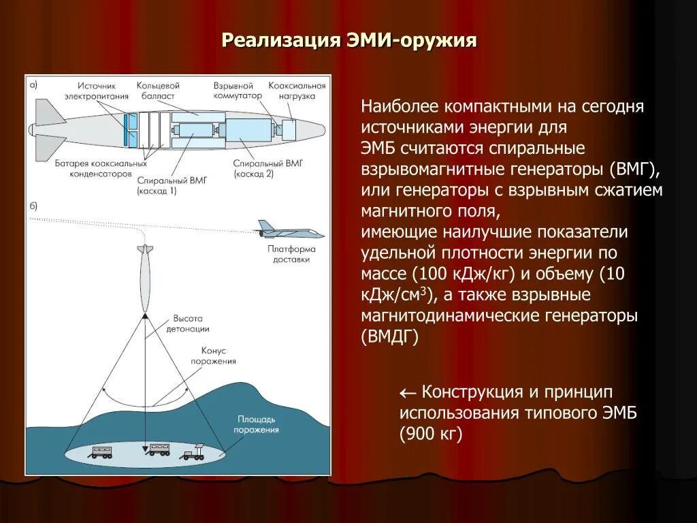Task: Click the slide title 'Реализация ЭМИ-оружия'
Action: (x=348, y=40)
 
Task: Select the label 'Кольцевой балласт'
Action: (x=158, y=91)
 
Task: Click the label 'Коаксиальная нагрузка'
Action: (x=297, y=91)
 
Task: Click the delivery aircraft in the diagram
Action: (x=290, y=229)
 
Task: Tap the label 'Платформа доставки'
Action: (x=291, y=254)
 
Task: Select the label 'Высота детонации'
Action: (x=191, y=323)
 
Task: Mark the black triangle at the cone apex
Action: (x=145, y=315)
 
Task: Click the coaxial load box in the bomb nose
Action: (x=288, y=129)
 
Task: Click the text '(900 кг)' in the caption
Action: (x=431, y=434)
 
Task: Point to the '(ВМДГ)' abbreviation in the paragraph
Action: (x=389, y=336)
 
